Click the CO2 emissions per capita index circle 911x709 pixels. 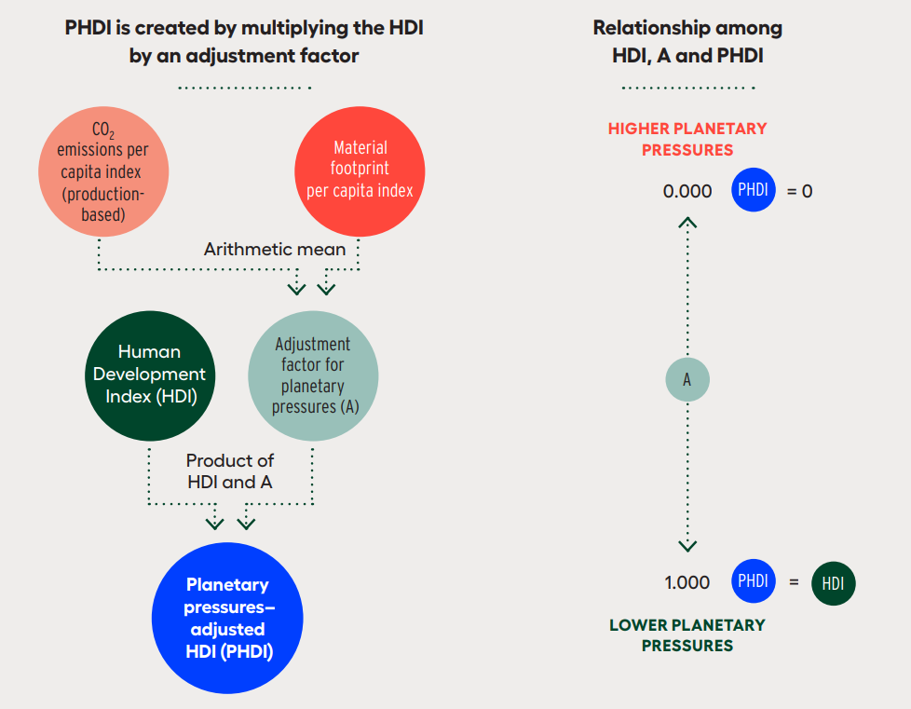[x=103, y=171]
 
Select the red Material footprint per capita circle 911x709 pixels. [x=360, y=171]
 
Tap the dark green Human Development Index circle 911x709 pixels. [x=150, y=375]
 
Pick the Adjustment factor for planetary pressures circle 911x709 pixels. [x=313, y=375]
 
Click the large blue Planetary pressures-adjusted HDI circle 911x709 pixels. [x=227, y=618]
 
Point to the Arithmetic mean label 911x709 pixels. [x=275, y=250]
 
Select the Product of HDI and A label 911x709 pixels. [x=230, y=471]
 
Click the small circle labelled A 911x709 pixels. [x=687, y=379]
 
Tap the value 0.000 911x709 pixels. [x=687, y=191]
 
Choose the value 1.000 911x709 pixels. [x=687, y=582]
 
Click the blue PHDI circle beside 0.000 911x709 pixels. [x=754, y=189]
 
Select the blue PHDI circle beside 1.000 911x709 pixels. [x=754, y=580]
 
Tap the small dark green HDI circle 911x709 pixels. [x=833, y=583]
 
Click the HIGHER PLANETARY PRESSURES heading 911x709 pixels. [x=687, y=139]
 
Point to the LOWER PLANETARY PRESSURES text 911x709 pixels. [x=687, y=635]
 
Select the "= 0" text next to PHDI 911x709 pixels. [x=799, y=191]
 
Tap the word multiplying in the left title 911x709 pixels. [x=292, y=28]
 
